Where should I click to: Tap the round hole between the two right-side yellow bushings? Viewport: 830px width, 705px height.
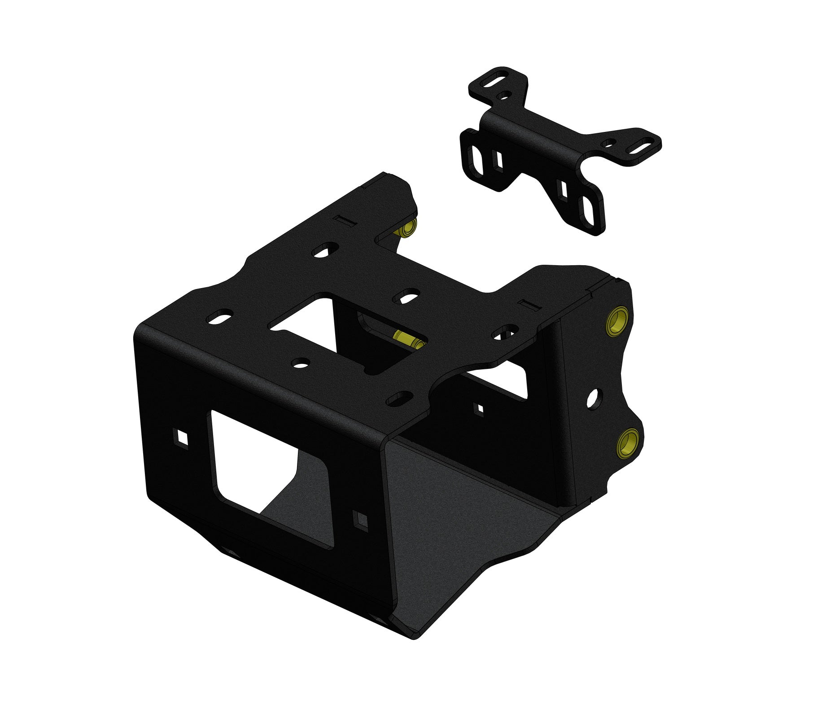[x=593, y=398]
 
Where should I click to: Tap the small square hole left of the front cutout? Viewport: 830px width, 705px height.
[x=181, y=437]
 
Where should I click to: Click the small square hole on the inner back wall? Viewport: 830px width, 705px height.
[x=479, y=408]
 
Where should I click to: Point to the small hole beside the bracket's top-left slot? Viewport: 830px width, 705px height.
[x=505, y=95]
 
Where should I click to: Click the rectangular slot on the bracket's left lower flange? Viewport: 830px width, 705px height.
[x=498, y=158]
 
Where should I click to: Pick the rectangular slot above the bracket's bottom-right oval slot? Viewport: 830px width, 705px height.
[x=561, y=189]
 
